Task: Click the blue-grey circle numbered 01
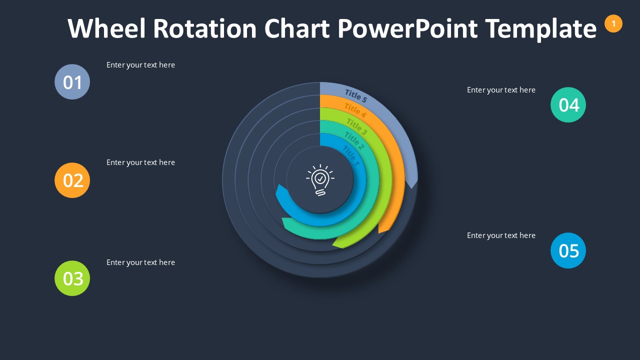click(x=72, y=82)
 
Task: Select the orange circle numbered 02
click(x=72, y=180)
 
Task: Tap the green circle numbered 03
click(x=72, y=278)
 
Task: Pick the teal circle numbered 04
click(x=568, y=105)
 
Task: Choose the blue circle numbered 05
click(x=568, y=250)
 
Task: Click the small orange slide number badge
click(x=613, y=23)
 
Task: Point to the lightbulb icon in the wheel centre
click(x=320, y=179)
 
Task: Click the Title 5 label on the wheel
click(x=356, y=95)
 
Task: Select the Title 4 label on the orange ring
click(x=355, y=110)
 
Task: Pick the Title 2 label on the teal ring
click(x=354, y=141)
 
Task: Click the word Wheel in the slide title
click(x=107, y=28)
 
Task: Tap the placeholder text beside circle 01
click(x=140, y=65)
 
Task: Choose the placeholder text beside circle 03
click(x=140, y=262)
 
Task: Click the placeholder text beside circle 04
click(x=501, y=90)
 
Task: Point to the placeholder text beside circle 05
click(x=501, y=235)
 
